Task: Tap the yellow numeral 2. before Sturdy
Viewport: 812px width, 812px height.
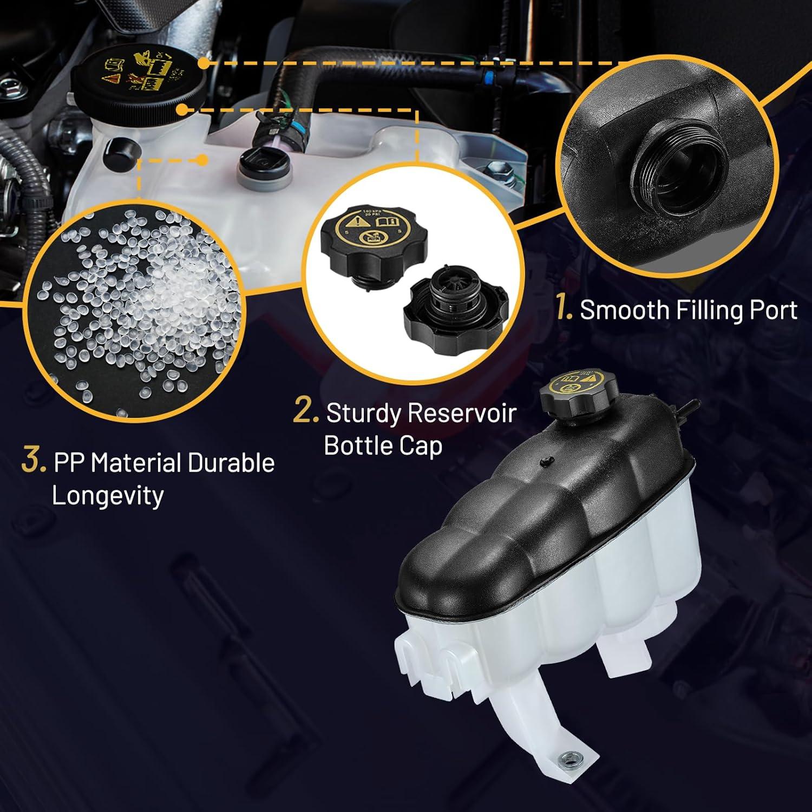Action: (306, 411)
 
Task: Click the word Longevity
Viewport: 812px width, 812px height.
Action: (107, 496)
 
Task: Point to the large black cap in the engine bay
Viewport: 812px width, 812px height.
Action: (138, 78)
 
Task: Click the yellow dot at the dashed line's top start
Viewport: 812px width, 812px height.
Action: (204, 63)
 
